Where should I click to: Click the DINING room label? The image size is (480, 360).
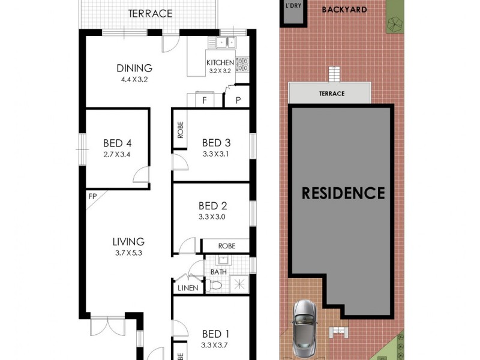[x=134, y=68]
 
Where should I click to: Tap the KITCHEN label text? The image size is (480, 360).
[x=220, y=62]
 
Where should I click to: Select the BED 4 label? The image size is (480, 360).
[x=117, y=143]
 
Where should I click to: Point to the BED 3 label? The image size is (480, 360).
[x=216, y=143]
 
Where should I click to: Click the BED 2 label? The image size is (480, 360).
[x=216, y=206]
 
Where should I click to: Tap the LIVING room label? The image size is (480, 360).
[x=128, y=242]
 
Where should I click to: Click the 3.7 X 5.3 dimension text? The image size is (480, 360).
[x=128, y=253]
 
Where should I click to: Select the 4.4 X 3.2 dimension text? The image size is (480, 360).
[x=134, y=79]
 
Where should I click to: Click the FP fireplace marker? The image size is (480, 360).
[x=92, y=196]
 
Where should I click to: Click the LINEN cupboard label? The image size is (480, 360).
[x=188, y=289]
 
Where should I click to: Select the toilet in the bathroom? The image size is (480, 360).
[x=217, y=286]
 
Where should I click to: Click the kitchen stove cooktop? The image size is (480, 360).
[x=242, y=64]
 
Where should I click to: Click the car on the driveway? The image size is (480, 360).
[x=305, y=329]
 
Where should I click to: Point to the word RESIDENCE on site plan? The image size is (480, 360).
[x=343, y=193]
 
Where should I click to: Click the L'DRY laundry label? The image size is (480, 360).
[x=293, y=5]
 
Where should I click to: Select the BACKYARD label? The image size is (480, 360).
[x=344, y=10]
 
